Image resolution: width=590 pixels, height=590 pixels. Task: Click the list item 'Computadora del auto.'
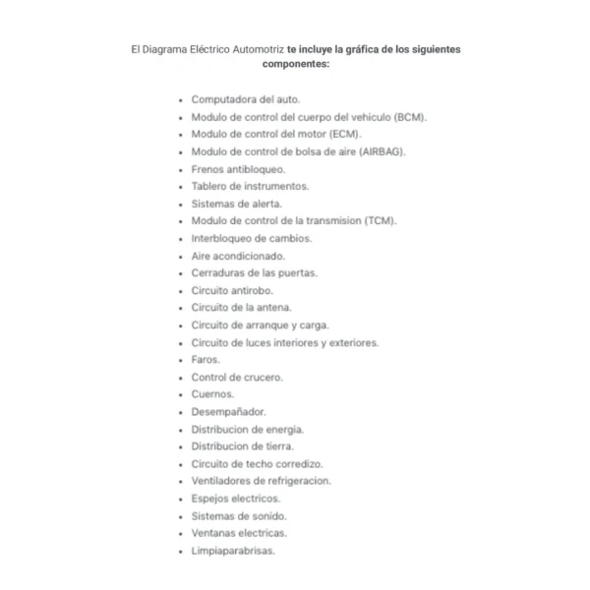(x=245, y=99)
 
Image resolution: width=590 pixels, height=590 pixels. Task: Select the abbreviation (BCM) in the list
(x=407, y=117)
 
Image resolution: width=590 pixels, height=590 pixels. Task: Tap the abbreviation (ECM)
(x=344, y=134)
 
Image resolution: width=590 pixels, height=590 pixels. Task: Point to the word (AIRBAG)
(x=383, y=151)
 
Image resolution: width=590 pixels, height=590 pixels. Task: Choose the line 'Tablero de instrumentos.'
(x=250, y=186)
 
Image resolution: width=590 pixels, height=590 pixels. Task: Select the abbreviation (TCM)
(x=378, y=221)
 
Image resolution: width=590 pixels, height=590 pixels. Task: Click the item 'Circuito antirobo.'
(x=232, y=291)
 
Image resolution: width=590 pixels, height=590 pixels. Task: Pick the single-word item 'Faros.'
(x=206, y=360)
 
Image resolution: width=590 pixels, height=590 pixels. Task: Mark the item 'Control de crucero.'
(x=237, y=378)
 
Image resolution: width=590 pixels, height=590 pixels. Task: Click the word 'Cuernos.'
(x=212, y=394)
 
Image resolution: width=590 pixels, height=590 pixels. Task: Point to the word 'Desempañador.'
(x=228, y=412)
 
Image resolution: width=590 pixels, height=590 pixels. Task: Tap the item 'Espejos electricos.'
(x=235, y=499)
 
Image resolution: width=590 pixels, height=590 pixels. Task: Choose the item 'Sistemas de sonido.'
(x=239, y=516)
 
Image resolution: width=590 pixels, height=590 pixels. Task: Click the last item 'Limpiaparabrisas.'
(x=233, y=551)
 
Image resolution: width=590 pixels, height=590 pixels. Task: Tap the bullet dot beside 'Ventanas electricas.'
(x=180, y=534)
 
